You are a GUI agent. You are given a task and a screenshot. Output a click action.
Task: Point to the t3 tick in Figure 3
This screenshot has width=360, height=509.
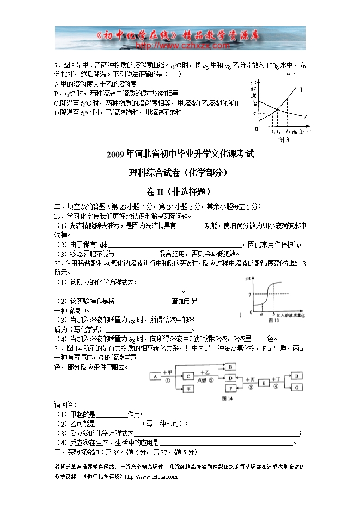288,132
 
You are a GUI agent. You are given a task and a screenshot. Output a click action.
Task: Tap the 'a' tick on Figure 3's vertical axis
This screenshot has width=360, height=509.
254,113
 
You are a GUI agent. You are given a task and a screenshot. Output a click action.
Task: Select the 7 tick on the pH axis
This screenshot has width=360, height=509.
250,295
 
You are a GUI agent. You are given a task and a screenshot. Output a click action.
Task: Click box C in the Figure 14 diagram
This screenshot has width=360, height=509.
188,376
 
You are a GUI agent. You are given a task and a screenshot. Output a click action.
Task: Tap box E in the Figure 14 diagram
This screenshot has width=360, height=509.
264,383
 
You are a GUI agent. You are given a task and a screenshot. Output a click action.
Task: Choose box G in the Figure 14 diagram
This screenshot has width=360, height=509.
297,388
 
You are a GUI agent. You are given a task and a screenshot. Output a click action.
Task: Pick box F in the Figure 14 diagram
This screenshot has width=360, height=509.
231,388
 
